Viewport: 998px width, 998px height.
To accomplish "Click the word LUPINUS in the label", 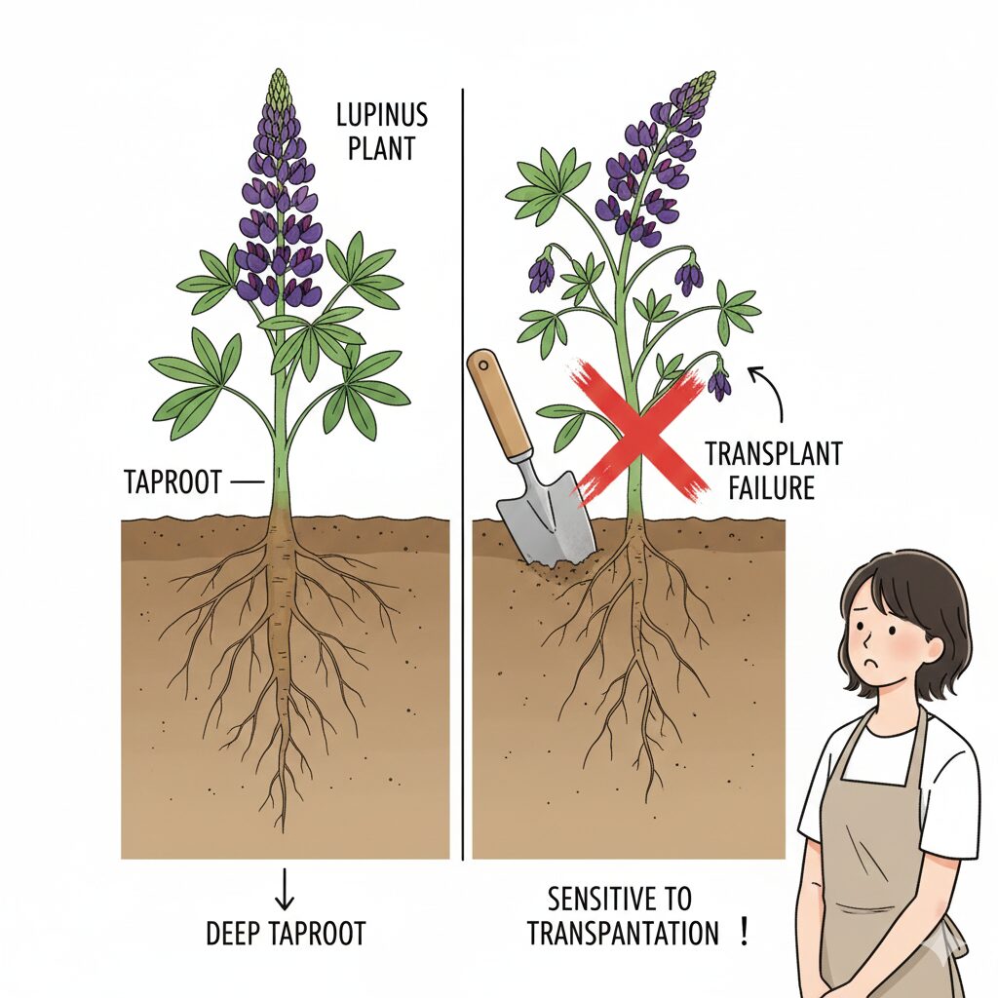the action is coord(382,116).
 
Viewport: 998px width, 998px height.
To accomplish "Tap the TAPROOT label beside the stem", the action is coord(173,481).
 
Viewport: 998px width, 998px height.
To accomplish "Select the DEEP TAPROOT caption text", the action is coord(286,934).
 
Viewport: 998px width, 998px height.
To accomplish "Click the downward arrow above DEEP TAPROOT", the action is coord(285,888).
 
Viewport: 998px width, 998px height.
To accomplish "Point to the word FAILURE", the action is coord(772,488).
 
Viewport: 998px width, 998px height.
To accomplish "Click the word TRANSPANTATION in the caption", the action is coord(623,934).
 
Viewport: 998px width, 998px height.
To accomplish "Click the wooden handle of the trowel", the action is coord(500,403).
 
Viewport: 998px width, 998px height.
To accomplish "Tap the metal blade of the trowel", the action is coord(546,516).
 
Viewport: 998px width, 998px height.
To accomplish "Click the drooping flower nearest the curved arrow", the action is coord(719,381).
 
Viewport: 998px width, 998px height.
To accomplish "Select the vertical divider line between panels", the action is coord(463,475).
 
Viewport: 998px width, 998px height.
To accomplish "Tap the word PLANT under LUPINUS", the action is coord(381,148).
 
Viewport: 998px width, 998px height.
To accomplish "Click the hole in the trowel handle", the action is coord(483,365).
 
